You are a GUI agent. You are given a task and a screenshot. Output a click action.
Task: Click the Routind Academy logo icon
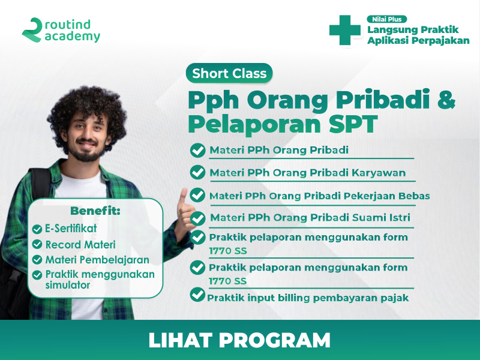coord(32,30)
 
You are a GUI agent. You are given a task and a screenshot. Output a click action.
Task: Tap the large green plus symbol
coord(344,31)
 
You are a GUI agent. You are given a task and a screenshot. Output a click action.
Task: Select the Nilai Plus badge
coord(386,19)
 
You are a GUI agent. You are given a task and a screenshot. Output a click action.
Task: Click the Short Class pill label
coord(229,73)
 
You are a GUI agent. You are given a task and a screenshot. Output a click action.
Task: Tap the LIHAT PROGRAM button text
coord(239,340)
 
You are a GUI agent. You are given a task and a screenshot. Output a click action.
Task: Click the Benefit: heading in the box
coord(95,211)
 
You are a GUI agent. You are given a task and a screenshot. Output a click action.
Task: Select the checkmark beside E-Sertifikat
coord(37,229)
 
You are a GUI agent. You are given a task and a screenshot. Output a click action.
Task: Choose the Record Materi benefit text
coord(80,245)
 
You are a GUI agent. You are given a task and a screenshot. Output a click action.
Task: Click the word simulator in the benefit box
coord(68,285)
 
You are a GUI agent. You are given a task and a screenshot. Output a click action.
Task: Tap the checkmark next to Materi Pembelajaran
coord(37,260)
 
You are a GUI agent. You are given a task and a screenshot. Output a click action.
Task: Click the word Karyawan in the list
coord(379,173)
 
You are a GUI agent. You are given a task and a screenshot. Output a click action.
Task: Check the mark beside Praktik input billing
coord(197,295)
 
